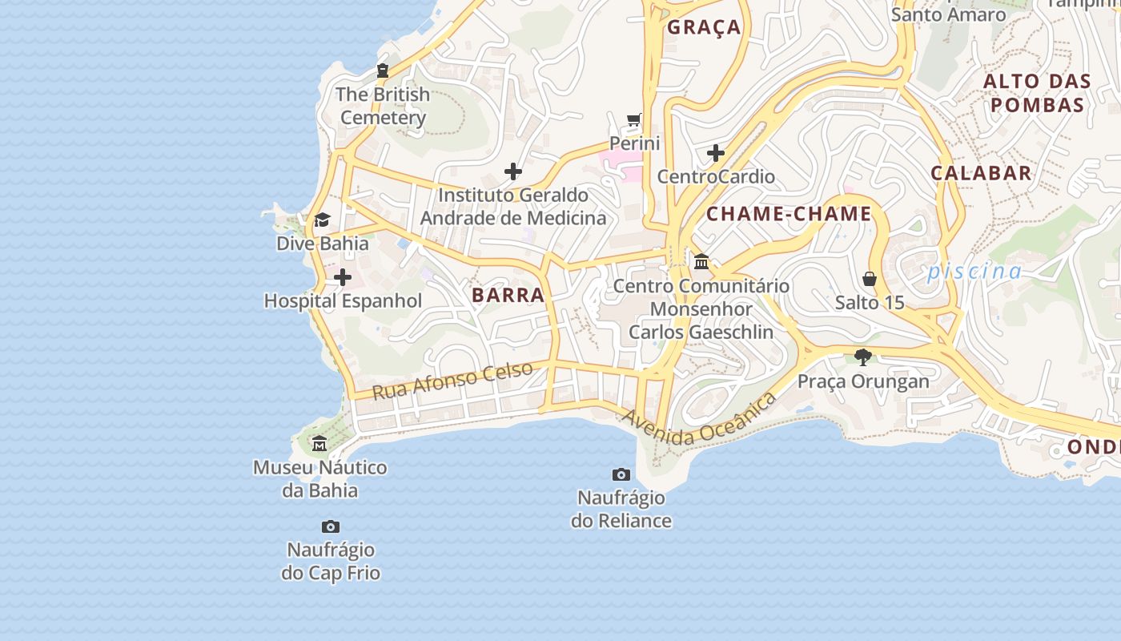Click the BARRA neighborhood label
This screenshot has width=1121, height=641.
508,295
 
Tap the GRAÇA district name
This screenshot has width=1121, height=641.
704,27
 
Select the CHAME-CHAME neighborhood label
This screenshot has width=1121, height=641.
789,214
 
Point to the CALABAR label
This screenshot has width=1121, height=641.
981,173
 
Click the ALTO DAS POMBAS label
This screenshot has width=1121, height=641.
1037,93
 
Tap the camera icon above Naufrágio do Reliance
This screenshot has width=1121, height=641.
621,474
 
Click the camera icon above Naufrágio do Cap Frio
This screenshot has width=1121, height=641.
331,526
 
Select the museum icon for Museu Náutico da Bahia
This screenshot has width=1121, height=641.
319,443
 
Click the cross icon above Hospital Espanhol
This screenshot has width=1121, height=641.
343,277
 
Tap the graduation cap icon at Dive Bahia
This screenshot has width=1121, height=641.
322,220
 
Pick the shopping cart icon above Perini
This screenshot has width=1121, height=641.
634,120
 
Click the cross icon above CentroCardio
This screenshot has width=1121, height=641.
716,152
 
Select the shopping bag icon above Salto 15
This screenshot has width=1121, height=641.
870,279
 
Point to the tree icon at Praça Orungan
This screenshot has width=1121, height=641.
862,357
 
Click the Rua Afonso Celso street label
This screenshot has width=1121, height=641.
452,381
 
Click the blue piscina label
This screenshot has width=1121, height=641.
974,272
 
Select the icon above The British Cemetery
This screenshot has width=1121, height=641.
383,71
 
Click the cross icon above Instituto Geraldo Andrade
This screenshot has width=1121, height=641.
513,171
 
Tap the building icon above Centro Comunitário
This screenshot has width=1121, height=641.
701,262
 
